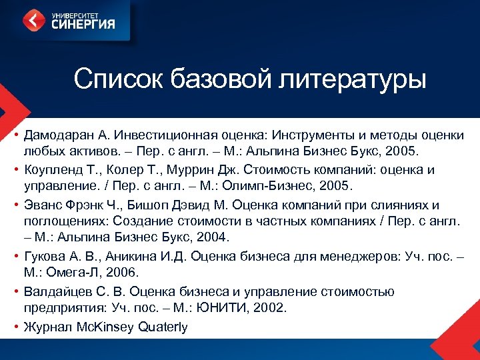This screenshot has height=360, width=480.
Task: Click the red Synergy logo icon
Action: point(35,20)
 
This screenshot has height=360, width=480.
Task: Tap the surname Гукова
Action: point(44,257)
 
